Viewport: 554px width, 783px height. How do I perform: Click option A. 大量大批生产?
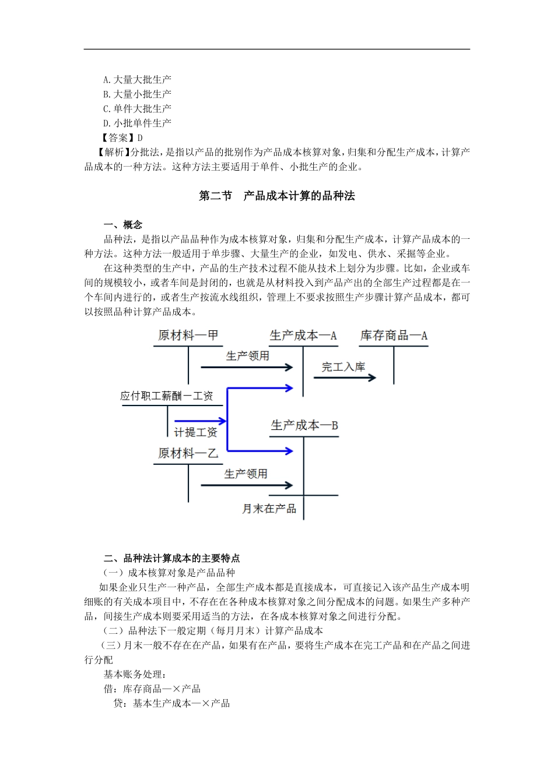[137, 79]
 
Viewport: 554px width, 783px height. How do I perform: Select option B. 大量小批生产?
[137, 94]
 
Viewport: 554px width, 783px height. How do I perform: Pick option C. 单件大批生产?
[137, 108]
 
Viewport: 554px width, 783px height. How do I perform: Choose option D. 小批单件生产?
[137, 123]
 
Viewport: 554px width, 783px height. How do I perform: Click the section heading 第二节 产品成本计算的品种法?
[277, 196]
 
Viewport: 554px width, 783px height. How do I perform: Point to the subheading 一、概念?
[122, 225]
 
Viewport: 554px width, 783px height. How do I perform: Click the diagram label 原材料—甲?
[188, 336]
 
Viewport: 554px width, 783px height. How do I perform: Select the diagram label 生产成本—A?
[303, 336]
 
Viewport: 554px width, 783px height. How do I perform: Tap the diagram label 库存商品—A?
[394, 336]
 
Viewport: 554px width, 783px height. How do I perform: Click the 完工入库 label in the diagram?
[343, 367]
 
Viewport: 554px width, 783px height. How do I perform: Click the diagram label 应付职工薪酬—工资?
[167, 396]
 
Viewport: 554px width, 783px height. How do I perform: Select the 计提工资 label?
[196, 432]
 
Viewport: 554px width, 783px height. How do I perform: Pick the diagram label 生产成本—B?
[304, 425]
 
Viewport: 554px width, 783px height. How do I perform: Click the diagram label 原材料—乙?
[188, 453]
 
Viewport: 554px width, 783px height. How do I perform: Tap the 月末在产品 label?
[269, 509]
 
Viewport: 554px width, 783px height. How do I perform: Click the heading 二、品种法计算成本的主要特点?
[171, 558]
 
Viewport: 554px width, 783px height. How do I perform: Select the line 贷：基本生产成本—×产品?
[171, 703]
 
